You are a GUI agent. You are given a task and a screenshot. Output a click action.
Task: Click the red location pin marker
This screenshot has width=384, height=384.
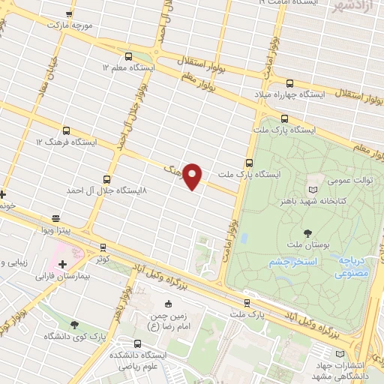(x=193, y=175)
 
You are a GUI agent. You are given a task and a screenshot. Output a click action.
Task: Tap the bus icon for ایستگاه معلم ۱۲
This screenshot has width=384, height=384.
(x=128, y=56)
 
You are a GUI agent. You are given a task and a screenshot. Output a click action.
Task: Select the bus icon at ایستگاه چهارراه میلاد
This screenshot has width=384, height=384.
(x=289, y=83)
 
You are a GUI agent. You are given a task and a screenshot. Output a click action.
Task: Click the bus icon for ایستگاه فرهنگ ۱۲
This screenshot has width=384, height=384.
(x=67, y=130)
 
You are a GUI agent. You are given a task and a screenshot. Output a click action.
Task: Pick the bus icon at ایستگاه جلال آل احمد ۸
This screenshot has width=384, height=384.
(x=106, y=179)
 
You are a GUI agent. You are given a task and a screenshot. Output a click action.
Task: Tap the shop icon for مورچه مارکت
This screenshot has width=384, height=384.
(x=69, y=14)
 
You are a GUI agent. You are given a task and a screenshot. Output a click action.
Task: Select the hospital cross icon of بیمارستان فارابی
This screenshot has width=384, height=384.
(x=62, y=264)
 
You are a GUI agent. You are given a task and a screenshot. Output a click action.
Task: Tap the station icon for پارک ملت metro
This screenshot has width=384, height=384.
(x=247, y=304)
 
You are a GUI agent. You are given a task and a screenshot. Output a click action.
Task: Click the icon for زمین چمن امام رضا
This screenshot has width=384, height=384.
(x=168, y=304)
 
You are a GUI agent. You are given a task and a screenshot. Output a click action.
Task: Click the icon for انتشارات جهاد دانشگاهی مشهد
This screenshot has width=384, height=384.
(x=341, y=353)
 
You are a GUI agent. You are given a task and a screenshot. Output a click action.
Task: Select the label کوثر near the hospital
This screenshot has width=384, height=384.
(x=102, y=258)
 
